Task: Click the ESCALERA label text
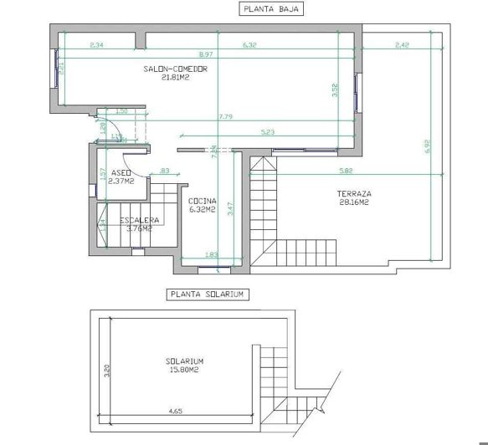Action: tap(139, 220)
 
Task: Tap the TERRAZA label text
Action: tap(354, 193)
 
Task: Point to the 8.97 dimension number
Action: tap(216, 54)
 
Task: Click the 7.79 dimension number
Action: tap(224, 116)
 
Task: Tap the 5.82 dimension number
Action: tap(345, 171)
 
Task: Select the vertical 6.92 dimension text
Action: tap(427, 146)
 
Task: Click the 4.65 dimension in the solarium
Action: tap(175, 411)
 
